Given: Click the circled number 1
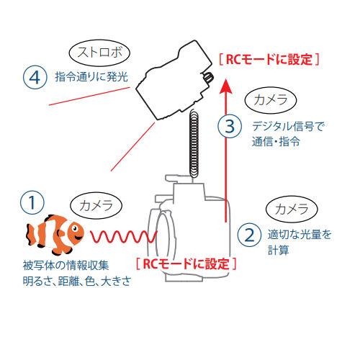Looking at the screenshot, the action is [x=32, y=203].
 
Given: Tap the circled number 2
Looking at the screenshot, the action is [x=249, y=235].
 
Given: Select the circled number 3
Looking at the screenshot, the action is [x=230, y=126].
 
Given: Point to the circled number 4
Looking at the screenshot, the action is [x=35, y=77].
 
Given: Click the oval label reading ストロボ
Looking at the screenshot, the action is [x=99, y=53].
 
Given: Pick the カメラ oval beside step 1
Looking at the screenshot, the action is [x=96, y=205].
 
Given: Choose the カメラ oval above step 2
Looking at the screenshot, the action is [x=292, y=209].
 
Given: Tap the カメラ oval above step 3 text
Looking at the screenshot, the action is [x=271, y=100].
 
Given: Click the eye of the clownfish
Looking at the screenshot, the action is [x=75, y=228].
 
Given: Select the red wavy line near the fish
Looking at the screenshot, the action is [x=124, y=236].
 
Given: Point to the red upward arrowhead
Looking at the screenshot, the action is [x=226, y=86].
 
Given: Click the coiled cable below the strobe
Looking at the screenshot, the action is [x=194, y=143].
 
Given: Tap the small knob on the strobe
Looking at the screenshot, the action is [x=209, y=77].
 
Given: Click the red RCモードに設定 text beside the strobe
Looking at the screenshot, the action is [x=269, y=60].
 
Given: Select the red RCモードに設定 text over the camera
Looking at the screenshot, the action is [x=186, y=264].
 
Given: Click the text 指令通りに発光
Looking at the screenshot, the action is [x=91, y=77].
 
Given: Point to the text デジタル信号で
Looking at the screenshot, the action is [x=288, y=126].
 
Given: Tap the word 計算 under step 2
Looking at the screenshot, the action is [x=279, y=250].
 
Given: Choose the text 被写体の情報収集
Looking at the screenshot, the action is [x=66, y=266].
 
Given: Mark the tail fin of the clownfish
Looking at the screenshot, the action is [x=31, y=234].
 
